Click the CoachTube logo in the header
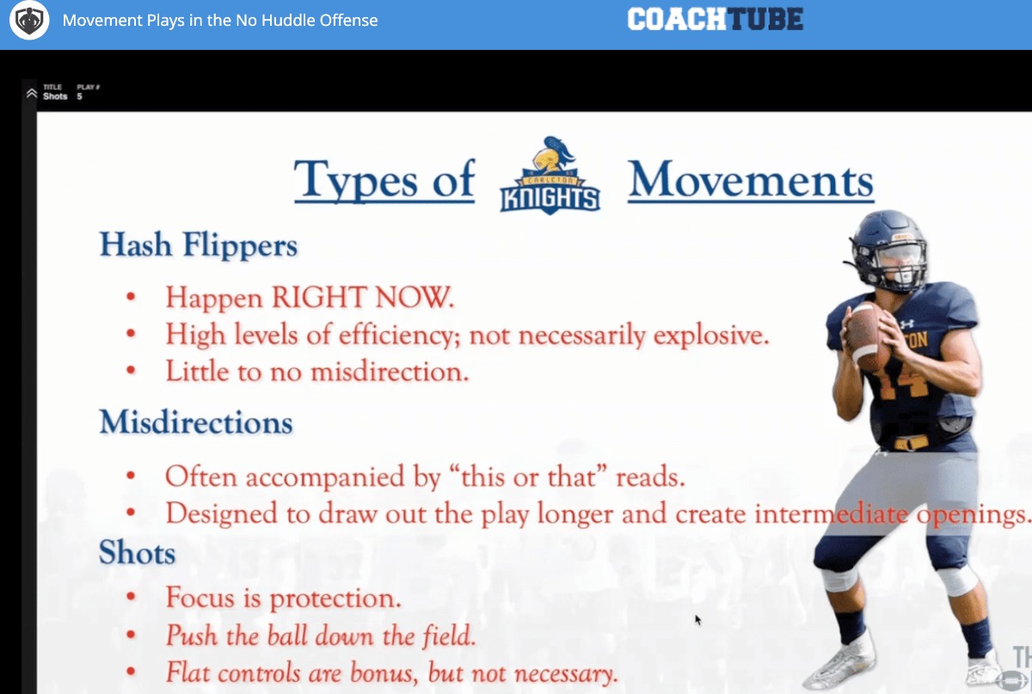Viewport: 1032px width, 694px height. coord(715,20)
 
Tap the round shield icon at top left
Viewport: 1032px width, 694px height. coord(29,20)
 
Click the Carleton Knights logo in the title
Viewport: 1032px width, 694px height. coord(550,175)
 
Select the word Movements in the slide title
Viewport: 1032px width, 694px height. coord(751,180)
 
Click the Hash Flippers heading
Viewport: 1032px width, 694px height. coord(199,244)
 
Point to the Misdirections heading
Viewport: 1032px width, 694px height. coord(196,421)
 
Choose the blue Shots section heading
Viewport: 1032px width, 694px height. coord(138,552)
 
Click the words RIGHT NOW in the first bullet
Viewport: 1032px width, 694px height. coord(363,297)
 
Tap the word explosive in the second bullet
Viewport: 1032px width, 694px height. coord(711,335)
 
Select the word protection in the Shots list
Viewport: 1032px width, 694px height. coord(335,599)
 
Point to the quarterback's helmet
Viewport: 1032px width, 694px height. coord(887,251)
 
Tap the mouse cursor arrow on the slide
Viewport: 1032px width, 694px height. coord(698,620)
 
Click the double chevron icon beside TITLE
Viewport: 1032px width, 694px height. coord(31,93)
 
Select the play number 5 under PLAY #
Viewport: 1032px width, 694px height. coord(80,96)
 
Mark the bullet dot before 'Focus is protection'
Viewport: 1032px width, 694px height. coord(132,596)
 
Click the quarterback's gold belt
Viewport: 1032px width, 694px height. coord(912,443)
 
